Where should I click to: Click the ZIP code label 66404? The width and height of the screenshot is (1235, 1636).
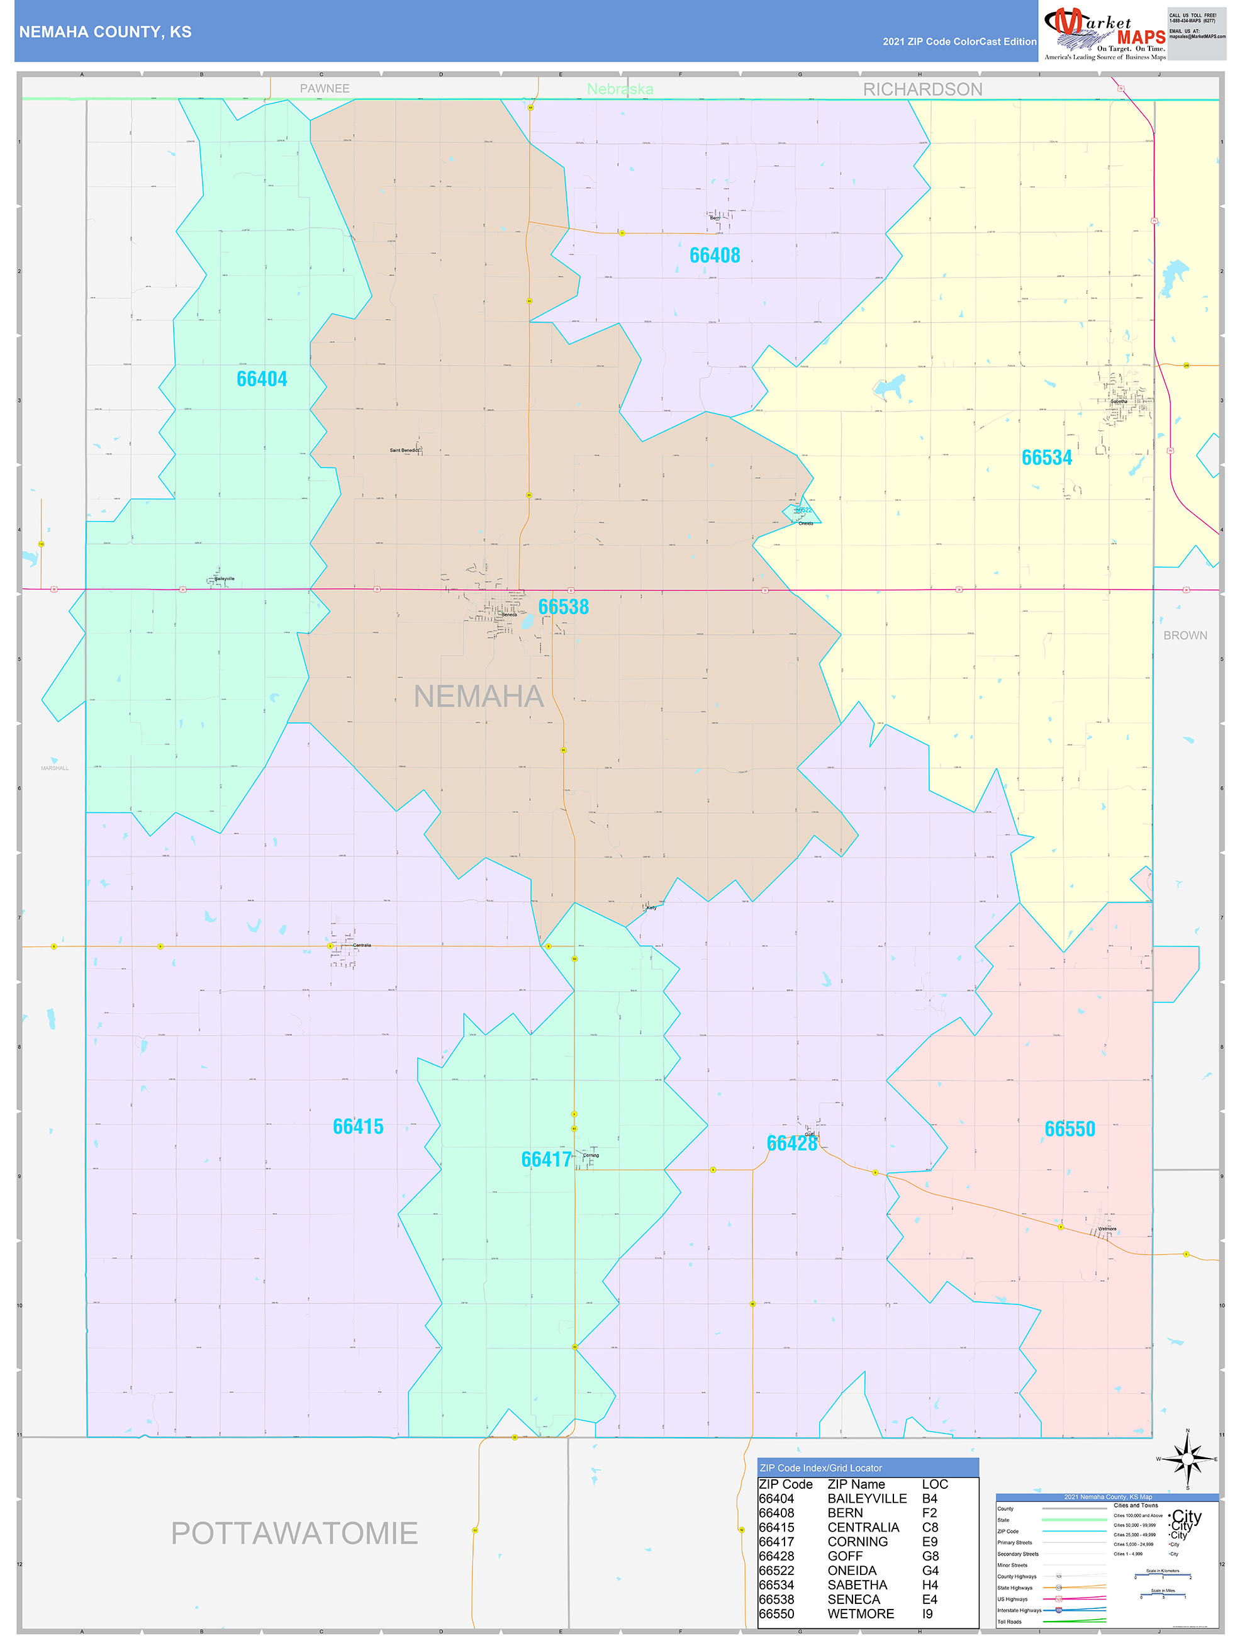pyautogui.click(x=262, y=379)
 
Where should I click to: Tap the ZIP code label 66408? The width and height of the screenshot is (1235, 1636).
pyautogui.click(x=714, y=255)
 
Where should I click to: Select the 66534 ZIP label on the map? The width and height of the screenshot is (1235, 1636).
pyautogui.click(x=1046, y=458)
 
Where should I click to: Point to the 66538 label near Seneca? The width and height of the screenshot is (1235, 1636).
pyautogui.click(x=564, y=607)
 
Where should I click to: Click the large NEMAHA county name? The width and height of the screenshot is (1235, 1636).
pyautogui.click(x=479, y=696)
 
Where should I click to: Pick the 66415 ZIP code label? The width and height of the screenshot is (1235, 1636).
pyautogui.click(x=358, y=1126)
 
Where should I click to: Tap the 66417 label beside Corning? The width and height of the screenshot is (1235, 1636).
pyautogui.click(x=545, y=1159)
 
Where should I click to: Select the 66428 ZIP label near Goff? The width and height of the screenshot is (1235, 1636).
pyautogui.click(x=791, y=1143)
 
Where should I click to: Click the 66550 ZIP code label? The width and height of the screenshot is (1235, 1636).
pyautogui.click(x=1070, y=1129)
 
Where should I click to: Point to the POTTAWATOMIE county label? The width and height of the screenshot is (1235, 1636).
pyautogui.click(x=294, y=1533)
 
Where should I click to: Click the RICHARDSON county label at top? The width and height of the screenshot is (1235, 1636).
pyautogui.click(x=922, y=89)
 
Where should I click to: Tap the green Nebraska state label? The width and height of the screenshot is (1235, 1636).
pyautogui.click(x=620, y=89)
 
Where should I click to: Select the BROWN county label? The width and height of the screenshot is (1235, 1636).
pyautogui.click(x=1185, y=636)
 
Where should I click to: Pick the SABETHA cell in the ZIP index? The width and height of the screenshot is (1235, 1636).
pyautogui.click(x=857, y=1585)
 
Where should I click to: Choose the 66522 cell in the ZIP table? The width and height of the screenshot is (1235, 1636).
pyautogui.click(x=776, y=1570)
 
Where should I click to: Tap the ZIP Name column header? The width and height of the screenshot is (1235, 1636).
pyautogui.click(x=856, y=1484)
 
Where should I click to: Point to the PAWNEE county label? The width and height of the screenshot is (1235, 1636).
pyautogui.click(x=324, y=89)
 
